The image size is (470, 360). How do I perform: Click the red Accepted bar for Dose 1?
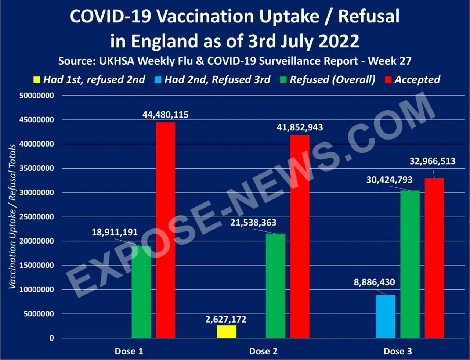tap(165, 230)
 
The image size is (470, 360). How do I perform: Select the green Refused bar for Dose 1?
tap(141, 292)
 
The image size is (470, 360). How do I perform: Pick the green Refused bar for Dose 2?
tap(275, 286)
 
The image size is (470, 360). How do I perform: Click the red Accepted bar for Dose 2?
tap(300, 236)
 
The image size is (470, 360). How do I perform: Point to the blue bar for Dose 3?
tap(386, 316)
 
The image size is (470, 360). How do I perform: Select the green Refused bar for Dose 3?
tap(410, 264)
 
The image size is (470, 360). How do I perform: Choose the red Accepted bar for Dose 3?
tap(434, 258)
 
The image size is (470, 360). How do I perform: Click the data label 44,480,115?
tap(166, 115)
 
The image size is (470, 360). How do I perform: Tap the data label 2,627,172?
tap(227, 319)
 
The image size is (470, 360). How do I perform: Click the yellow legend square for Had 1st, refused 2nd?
tap(36, 80)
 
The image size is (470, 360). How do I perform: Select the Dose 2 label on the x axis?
tap(263, 351)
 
